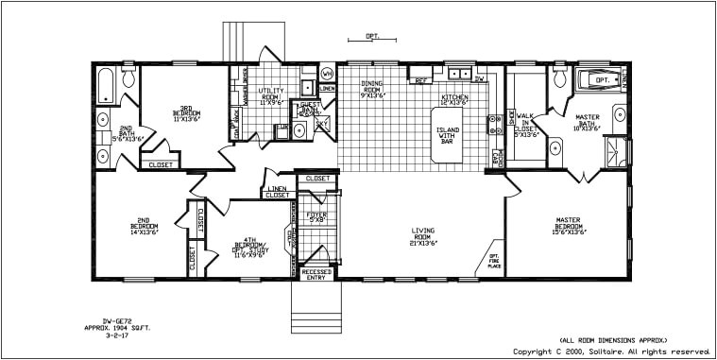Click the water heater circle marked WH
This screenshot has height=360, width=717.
(x=327, y=74)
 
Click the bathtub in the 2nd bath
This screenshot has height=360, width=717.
(x=105, y=86)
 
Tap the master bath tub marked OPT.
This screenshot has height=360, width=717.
(x=601, y=80)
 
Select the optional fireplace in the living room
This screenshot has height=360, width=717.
(x=492, y=262)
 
